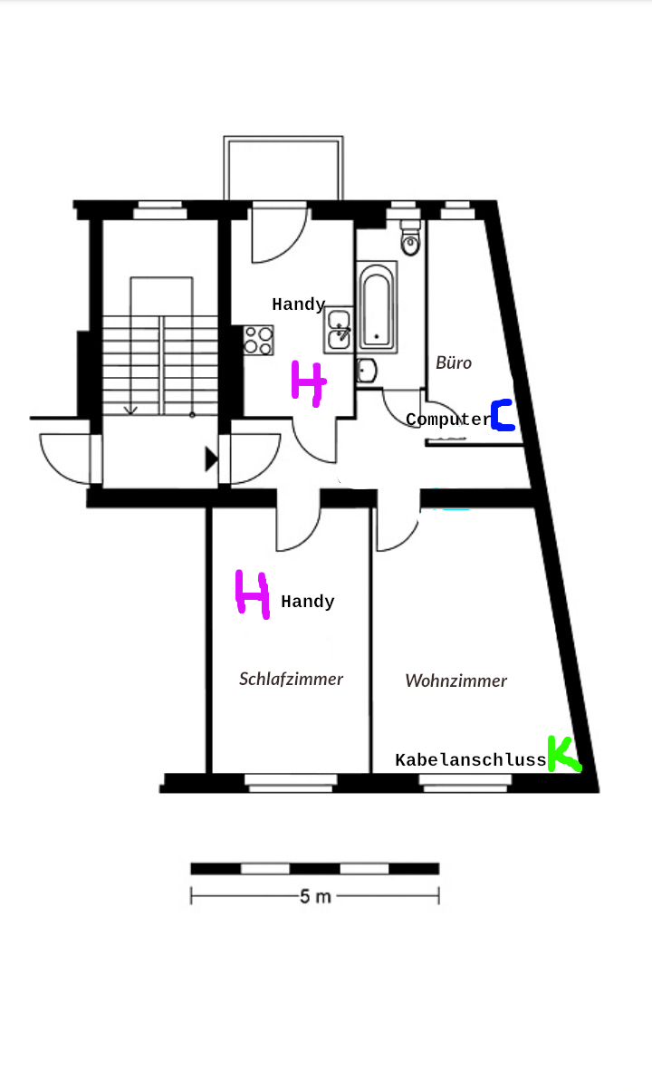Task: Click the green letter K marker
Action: coord(562,754)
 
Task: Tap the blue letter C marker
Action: coord(503,415)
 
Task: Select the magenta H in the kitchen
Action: coord(308,384)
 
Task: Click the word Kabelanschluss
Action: coord(471,760)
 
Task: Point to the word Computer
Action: coord(447,420)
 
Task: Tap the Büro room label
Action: coord(454,362)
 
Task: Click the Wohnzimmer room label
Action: coord(455,681)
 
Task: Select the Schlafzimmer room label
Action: coord(291,679)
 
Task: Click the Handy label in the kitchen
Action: coord(298,304)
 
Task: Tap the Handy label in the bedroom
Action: coord(308,602)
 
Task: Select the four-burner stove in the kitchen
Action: coord(258,340)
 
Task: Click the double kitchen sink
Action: coord(340,330)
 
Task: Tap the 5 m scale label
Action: coord(315,897)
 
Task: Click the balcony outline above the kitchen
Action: coord(283,168)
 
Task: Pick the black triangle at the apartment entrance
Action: coord(211,459)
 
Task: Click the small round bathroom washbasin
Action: coord(367,370)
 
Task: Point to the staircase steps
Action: coord(160,362)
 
